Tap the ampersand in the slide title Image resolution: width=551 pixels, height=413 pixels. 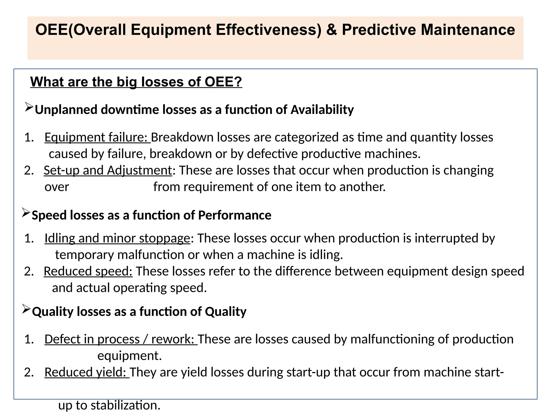pos(332,30)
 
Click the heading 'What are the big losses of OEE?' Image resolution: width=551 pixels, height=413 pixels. pos(136,82)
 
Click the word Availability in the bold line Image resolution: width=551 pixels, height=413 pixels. pos(322,110)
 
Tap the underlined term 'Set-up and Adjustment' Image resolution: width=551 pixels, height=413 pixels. pos(108,170)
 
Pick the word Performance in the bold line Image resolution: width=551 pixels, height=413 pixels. pos(235,215)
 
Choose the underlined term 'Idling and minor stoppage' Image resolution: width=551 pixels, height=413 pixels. pos(117,238)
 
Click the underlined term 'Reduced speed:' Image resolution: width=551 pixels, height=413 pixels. pos(88,271)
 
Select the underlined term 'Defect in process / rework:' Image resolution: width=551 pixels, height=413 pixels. pos(121,339)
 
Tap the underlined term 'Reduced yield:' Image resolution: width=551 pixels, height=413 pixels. pos(87,372)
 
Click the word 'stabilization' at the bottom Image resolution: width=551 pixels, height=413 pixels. pos(125,405)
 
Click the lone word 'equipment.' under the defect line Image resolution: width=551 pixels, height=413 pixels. pos(129,356)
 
